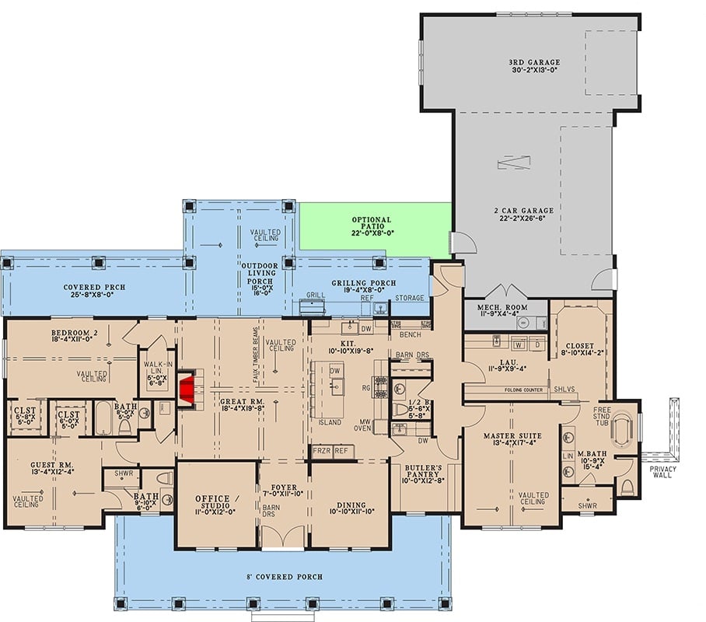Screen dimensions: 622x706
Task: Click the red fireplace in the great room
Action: pos(187,391)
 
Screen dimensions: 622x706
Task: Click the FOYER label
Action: pos(282,491)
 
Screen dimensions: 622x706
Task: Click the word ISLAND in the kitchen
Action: pos(330,422)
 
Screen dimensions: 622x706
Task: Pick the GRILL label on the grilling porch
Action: pos(315,295)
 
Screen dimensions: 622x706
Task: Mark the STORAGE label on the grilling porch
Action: pos(411,298)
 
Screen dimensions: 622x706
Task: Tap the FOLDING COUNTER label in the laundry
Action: pos(523,389)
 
